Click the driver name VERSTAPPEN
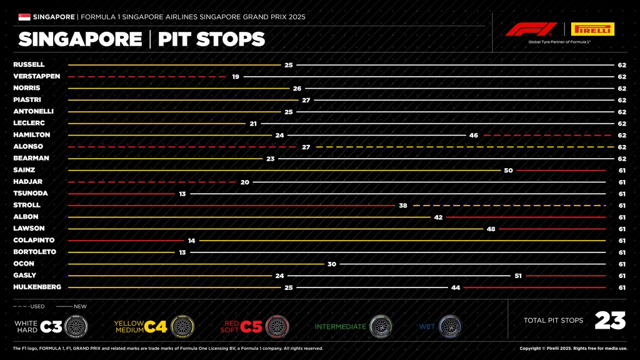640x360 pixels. click(36, 76)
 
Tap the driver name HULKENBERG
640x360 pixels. click(37, 287)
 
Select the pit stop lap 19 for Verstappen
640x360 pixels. click(236, 76)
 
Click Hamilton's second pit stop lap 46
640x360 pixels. click(473, 135)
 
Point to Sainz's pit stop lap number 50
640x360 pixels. click(508, 170)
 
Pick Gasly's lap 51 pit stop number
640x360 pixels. click(518, 276)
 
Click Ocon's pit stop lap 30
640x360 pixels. click(332, 264)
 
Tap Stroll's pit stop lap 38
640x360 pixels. click(403, 205)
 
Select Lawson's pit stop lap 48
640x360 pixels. click(491, 229)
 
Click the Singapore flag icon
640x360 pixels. click(24, 17)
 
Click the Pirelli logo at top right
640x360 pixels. click(592, 29)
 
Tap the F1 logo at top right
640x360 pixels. click(531, 29)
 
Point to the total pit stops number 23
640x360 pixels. click(610, 321)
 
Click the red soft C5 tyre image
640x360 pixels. click(277, 326)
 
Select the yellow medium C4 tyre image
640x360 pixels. click(181, 326)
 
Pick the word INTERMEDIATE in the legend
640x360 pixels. click(340, 326)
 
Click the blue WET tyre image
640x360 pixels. click(449, 326)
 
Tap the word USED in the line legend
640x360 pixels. click(37, 306)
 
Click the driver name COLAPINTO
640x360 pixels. click(34, 240)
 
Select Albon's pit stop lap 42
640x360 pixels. click(438, 217)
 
